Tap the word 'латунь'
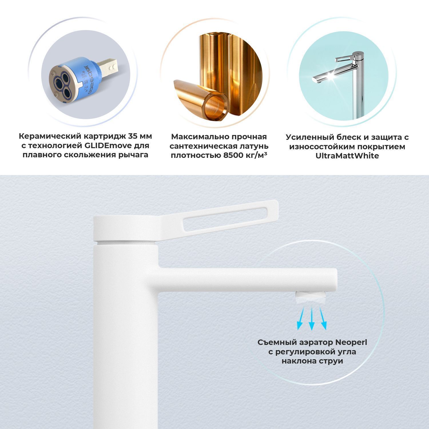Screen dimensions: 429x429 coord(255,146)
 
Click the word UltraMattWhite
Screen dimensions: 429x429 coord(347,156)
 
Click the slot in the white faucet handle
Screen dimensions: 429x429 coord(229,219)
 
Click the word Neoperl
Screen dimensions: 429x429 coord(351,342)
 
